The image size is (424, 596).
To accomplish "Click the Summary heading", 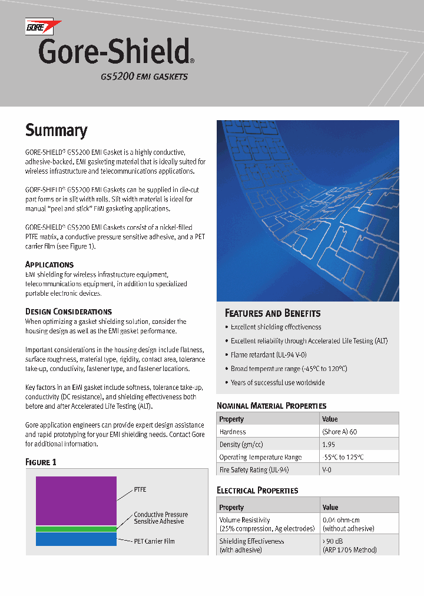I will tap(56, 130).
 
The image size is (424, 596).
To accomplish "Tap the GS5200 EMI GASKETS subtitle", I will tap(144, 77).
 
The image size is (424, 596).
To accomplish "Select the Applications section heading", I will tap(49, 264).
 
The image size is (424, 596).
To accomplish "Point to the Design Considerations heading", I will tap(68, 311).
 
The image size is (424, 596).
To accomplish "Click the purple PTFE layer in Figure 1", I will tap(76, 500).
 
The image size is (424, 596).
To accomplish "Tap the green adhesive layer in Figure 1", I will tap(76, 529).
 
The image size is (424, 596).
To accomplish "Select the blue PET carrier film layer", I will tap(76, 539).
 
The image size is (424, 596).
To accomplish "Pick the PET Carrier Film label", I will tap(154, 541).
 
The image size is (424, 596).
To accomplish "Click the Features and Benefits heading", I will tap(273, 313).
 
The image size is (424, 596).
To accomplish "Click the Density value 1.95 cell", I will tap(329, 444).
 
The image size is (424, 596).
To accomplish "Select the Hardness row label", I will tap(233, 432).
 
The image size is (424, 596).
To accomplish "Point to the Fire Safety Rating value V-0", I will tap(327, 470).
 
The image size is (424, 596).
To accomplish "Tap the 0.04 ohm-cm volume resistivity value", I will tap(341, 520).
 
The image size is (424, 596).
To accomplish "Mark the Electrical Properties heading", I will tap(257, 490).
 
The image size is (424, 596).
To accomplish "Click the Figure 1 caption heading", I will tap(41, 462).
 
